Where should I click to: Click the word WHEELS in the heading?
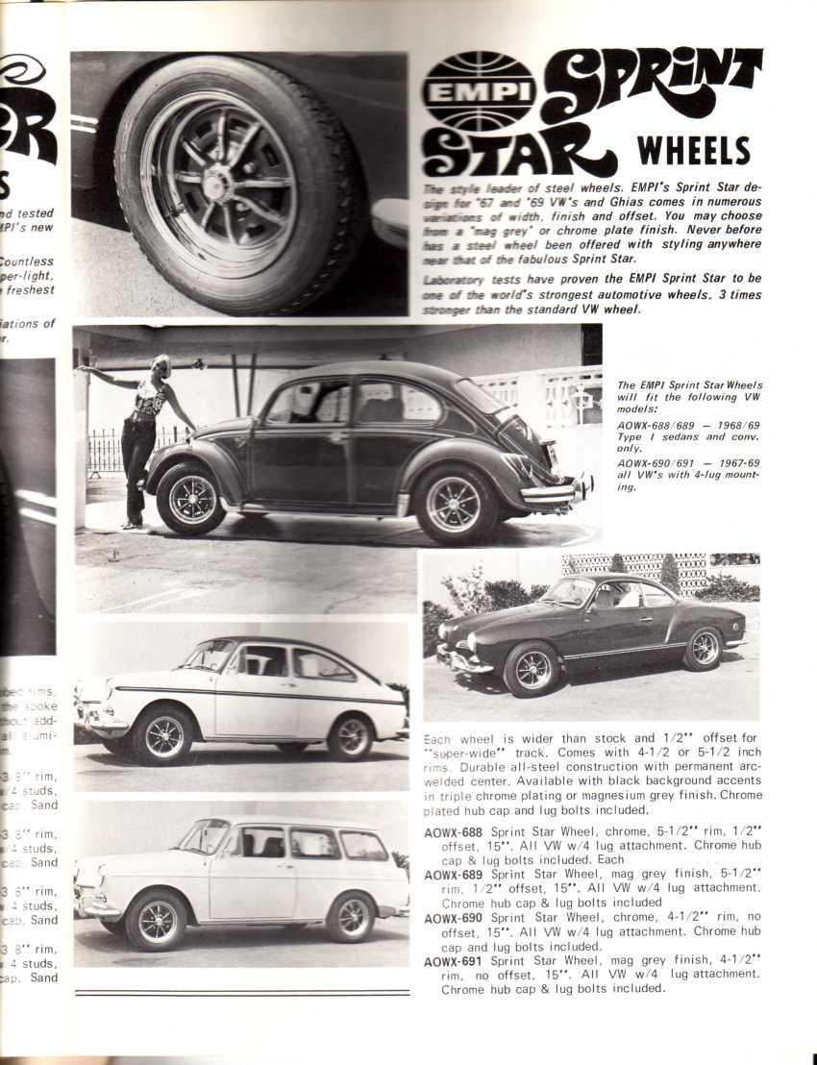(x=693, y=152)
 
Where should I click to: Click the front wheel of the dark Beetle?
(x=191, y=499)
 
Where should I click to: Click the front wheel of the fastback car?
(x=165, y=737)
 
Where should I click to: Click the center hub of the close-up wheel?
(x=217, y=184)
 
